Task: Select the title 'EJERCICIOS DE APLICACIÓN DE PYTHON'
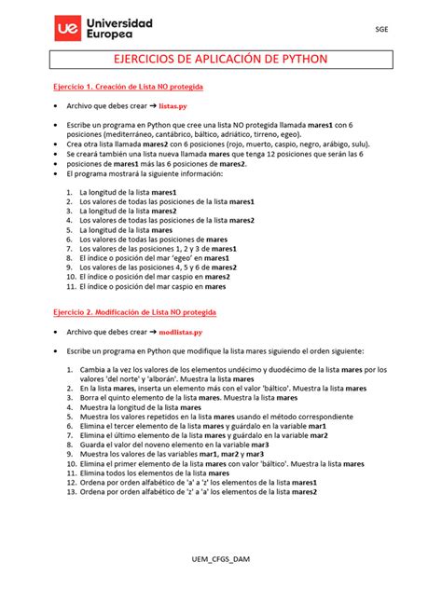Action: click(x=220, y=61)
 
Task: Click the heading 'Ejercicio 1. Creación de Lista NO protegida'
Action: click(x=127, y=86)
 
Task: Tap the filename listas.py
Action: click(x=177, y=106)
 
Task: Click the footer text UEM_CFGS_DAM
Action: click(x=220, y=556)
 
